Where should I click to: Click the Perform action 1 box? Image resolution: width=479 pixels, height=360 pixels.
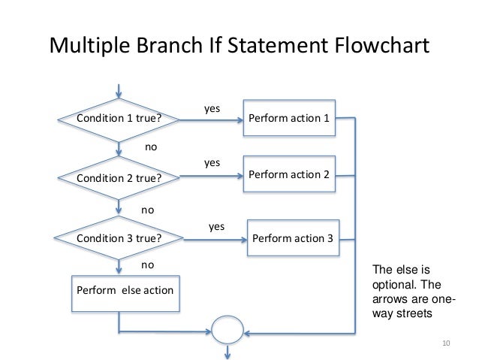pos(289,118)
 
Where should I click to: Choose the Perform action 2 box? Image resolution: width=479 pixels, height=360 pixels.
pos(289,174)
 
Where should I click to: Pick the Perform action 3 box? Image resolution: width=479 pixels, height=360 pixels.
pos(294,238)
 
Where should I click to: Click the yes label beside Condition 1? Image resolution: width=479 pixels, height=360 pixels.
pos(212,109)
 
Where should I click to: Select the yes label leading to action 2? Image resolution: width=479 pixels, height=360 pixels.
pos(212,162)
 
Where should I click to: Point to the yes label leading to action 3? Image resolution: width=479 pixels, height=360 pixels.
pos(216,225)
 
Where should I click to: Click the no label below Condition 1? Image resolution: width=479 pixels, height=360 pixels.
pos(151,147)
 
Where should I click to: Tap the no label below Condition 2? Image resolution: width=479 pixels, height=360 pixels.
pos(148,210)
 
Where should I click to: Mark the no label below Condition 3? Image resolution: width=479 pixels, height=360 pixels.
pos(148,265)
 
